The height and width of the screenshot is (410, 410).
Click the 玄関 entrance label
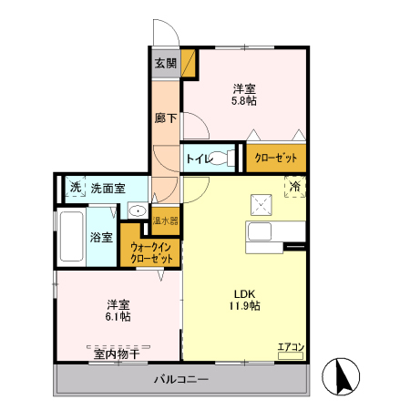click(165, 64)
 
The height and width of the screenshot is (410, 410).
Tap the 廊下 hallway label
click(165, 118)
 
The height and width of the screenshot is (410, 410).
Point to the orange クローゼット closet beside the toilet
click(276, 159)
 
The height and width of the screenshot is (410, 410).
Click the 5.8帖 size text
click(243, 101)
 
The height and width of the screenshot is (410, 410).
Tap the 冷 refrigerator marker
click(296, 186)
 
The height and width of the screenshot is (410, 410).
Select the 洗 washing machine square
click(75, 188)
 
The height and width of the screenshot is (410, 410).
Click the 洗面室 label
click(108, 188)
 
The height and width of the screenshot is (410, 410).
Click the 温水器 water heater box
click(166, 220)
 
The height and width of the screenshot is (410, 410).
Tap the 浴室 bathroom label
click(101, 238)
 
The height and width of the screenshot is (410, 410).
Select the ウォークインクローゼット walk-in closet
click(151, 253)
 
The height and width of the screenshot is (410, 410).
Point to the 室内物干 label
click(117, 352)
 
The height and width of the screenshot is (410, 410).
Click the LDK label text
click(244, 293)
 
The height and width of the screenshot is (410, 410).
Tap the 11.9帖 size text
click(244, 306)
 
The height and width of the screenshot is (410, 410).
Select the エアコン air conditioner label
click(291, 346)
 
